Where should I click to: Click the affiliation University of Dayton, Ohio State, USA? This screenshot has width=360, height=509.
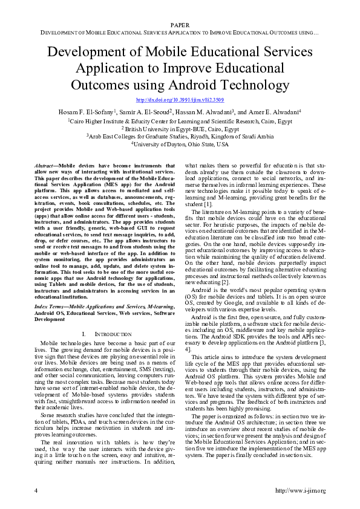[180, 144]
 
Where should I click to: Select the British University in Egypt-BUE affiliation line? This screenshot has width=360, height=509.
[180, 129]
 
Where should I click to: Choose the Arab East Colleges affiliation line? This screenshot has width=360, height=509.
[180, 137]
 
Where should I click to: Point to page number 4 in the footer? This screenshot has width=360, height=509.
[35, 490]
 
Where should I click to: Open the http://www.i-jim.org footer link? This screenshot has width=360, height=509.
[300, 490]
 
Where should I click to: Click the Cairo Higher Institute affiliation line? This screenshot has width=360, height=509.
[180, 121]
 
